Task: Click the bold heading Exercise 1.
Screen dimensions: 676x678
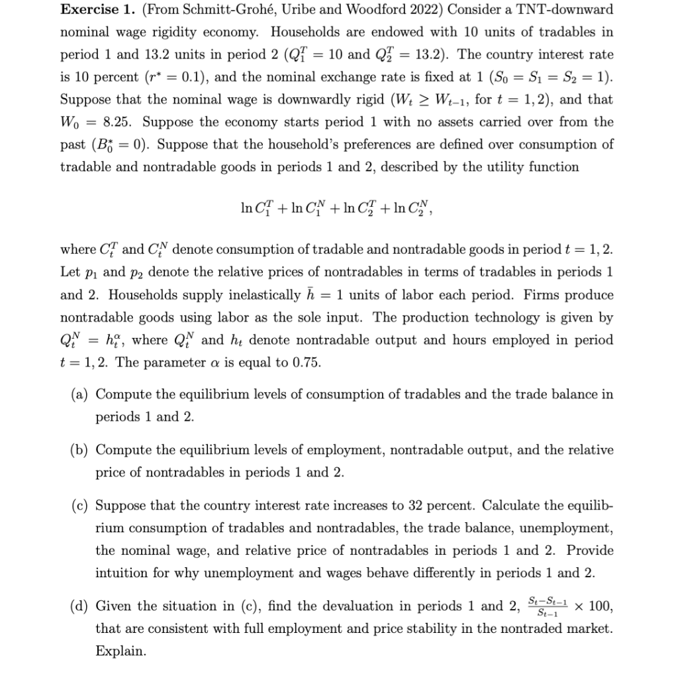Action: (93, 10)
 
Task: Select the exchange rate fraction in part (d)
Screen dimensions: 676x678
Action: (548, 605)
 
